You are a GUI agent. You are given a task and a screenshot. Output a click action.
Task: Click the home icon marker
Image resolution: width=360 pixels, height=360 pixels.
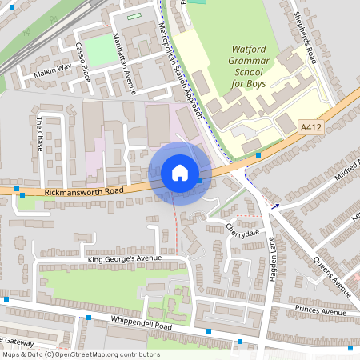[179, 173]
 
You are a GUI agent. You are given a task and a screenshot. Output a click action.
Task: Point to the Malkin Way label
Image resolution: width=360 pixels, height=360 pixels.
[53, 70]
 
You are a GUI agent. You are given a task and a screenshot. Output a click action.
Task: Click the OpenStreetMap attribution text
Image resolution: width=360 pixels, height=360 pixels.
[80, 354]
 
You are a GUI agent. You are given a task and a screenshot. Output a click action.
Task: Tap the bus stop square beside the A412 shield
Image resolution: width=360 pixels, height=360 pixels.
[258, 154]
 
